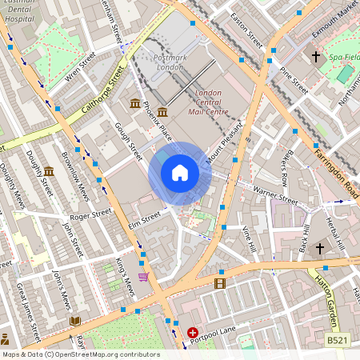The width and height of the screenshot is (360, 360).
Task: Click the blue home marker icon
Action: click(x=180, y=173)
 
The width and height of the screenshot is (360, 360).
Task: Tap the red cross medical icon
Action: click(x=192, y=332)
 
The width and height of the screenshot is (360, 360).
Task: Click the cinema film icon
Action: click(x=220, y=282)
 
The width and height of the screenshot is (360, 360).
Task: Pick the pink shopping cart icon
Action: click(x=143, y=277)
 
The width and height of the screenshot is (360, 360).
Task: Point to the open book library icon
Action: click(x=75, y=321)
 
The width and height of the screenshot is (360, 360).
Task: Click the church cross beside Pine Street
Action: click(x=316, y=57)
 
